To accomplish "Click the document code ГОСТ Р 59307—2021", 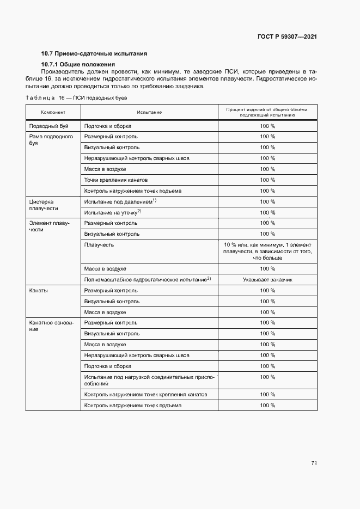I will coord(287,36).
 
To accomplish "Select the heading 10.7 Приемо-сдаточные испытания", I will coord(94,53).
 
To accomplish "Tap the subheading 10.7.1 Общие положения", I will coord(78,65).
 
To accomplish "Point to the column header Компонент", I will coord(53,112).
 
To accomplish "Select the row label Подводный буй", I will coord(48,126).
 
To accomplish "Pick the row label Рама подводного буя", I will coord(51,140).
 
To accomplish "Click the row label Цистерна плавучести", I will coord(44,205).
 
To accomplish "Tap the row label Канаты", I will coord(38,291).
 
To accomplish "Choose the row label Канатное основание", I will coord(51,327).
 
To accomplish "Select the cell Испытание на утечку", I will coord(112,212).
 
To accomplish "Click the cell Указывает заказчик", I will coord(267,280).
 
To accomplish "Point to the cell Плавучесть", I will coord(99,245).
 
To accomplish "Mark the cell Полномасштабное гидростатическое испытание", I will coord(147,280).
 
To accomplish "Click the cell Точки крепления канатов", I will coord(116,180).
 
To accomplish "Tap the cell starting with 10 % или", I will coord(267,251).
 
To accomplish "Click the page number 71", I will coord(314,463).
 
